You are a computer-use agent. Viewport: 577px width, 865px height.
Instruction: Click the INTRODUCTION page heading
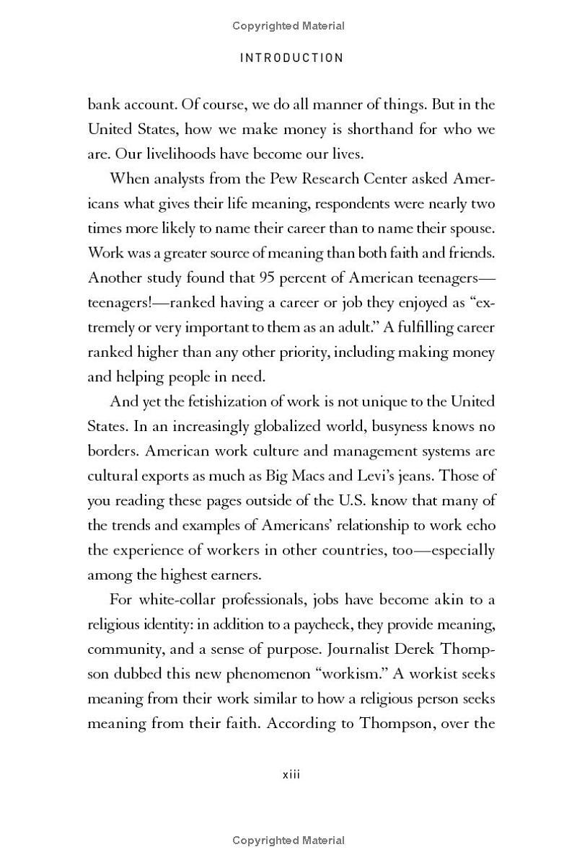point(291,58)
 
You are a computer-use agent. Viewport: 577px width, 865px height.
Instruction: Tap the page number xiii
point(290,774)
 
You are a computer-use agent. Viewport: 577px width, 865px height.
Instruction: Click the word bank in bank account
point(102,105)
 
